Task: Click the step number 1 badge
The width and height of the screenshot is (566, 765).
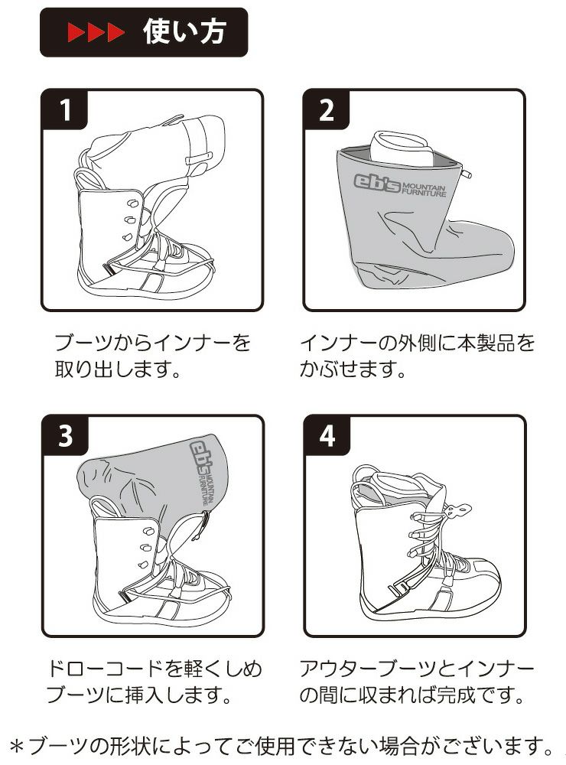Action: coord(65,112)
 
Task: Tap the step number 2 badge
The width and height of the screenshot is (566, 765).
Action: coord(327,112)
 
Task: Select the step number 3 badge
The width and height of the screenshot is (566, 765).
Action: coord(65,436)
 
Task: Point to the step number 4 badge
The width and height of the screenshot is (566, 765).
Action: coord(327,436)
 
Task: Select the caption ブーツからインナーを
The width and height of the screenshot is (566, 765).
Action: coord(153,341)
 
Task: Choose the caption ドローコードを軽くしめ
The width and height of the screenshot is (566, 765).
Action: coord(154,668)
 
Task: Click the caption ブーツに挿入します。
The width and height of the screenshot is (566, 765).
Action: coord(138,697)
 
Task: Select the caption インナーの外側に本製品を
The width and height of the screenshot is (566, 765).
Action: coord(417,341)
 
